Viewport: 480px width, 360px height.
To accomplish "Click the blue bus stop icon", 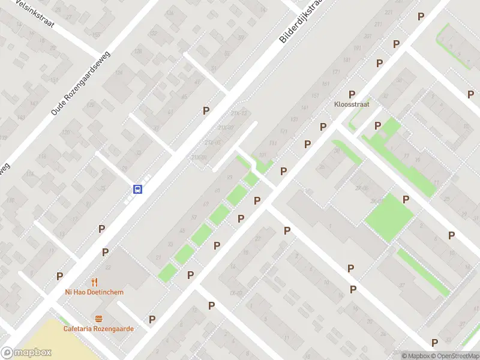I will (137, 189).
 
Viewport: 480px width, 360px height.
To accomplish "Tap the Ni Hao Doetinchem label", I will (94, 292).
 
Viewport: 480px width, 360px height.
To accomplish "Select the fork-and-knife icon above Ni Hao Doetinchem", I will (94, 282).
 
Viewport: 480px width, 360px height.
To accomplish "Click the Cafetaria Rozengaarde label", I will (98, 328).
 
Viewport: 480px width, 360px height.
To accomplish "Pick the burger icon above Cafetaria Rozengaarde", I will (98, 319).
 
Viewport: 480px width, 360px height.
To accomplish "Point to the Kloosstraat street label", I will (352, 104).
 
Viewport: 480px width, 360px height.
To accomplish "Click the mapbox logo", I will (26, 353).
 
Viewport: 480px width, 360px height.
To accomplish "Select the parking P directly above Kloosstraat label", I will (352, 94).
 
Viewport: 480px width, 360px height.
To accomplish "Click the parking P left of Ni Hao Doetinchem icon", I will (59, 276).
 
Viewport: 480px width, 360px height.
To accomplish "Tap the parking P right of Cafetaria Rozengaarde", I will (152, 319).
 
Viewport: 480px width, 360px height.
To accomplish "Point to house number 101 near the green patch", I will (262, 154).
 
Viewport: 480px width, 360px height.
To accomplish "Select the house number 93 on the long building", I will (229, 177).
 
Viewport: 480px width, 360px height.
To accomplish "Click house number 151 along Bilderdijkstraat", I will (314, 96).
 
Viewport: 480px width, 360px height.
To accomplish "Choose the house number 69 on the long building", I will (206, 205).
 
